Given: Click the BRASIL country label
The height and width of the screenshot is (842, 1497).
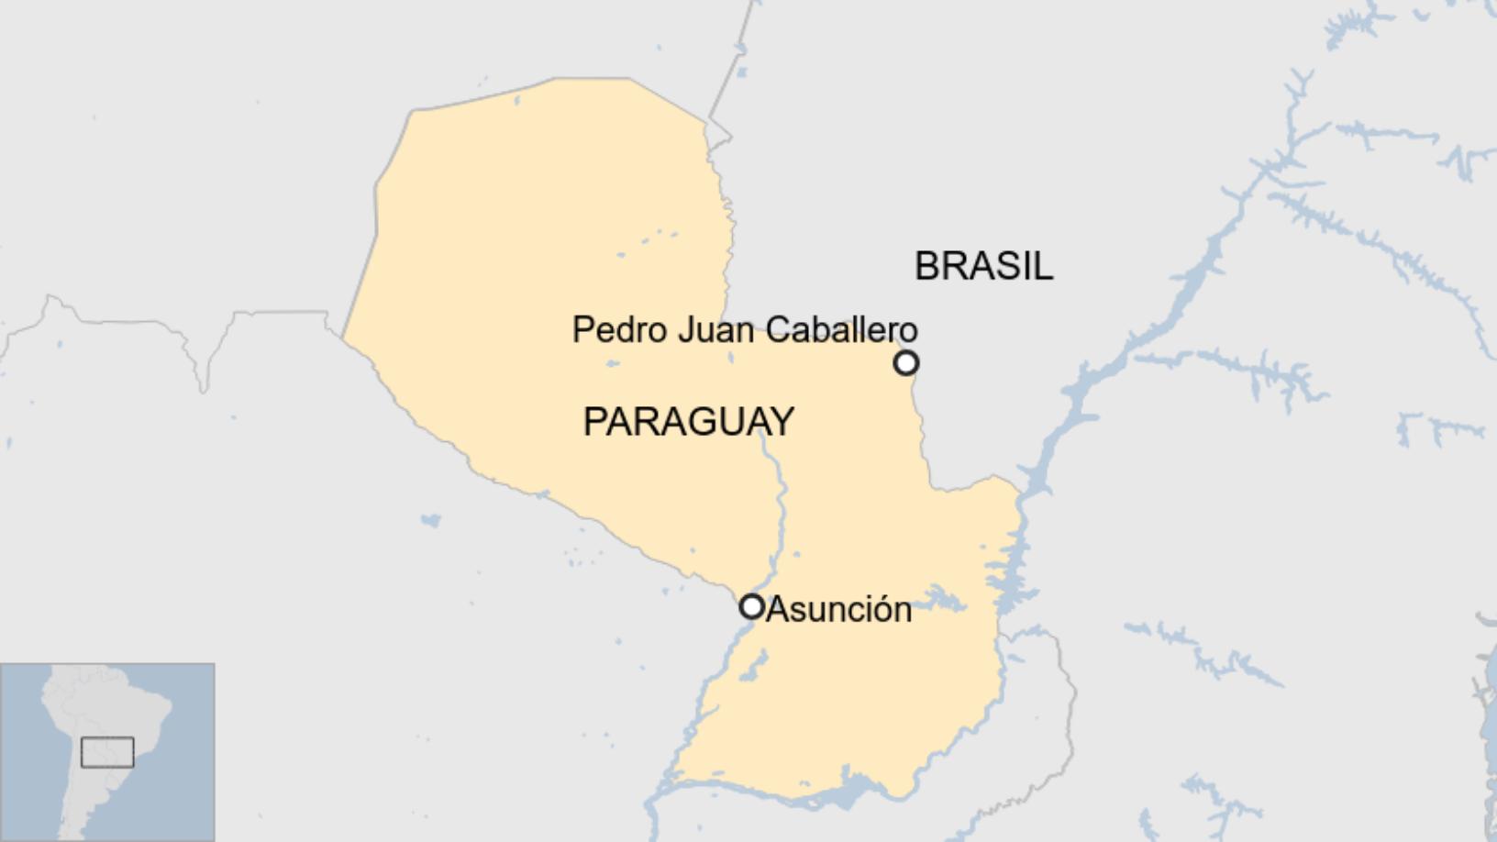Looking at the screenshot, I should click(983, 266).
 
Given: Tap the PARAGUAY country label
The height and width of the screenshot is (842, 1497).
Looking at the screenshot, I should click(688, 422).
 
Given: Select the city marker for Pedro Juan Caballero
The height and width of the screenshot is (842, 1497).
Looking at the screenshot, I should click(905, 363).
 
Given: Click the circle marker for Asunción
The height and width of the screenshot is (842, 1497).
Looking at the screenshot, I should click(751, 606).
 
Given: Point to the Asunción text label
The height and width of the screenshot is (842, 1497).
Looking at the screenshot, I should click(838, 609).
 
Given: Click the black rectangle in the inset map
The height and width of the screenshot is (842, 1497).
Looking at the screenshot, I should click(107, 752).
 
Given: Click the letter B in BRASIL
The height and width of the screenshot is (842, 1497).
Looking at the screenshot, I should click(925, 266).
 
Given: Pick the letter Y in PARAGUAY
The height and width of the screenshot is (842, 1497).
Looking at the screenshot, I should click(782, 422).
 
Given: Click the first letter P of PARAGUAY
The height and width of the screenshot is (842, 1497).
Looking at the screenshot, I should click(593, 422).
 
